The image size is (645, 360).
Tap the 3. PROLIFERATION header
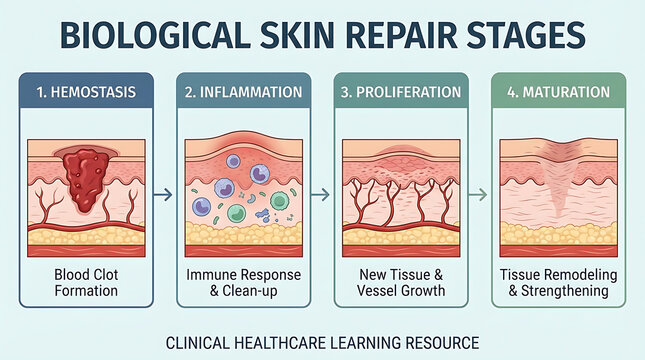401,91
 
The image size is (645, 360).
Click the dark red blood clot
84,176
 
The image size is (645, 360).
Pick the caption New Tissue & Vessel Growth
401,282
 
